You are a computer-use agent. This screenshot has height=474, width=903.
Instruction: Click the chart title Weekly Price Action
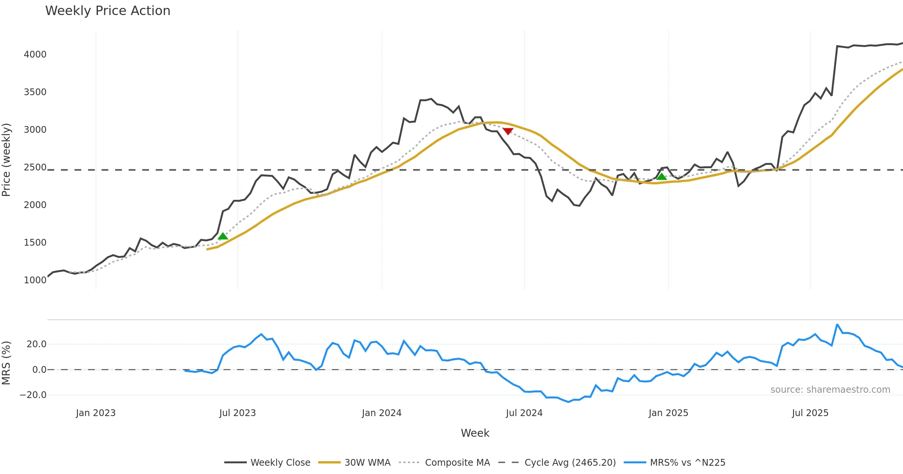click(108, 11)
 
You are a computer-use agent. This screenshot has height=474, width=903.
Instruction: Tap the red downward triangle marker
click(508, 131)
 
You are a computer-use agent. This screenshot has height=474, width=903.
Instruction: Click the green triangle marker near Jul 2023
click(223, 236)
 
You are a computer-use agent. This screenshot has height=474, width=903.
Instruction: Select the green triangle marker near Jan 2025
click(661, 176)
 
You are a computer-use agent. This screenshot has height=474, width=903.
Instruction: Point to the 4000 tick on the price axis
click(35, 55)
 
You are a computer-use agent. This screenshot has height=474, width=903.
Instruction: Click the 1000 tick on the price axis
click(35, 280)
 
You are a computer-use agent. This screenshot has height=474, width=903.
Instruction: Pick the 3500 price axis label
click(35, 92)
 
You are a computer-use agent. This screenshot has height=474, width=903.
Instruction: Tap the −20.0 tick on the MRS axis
click(33, 395)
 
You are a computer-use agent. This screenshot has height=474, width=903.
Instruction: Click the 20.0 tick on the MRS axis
click(36, 344)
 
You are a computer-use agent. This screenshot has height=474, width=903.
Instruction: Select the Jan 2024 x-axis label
click(382, 413)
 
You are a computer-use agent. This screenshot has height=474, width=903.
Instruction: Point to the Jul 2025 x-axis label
click(810, 413)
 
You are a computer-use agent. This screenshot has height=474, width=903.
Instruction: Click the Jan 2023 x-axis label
click(96, 413)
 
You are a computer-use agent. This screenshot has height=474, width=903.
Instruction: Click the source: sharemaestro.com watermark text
click(830, 390)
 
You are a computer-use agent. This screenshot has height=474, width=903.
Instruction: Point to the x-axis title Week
click(475, 433)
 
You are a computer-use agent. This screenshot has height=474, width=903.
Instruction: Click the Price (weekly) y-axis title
click(6, 160)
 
